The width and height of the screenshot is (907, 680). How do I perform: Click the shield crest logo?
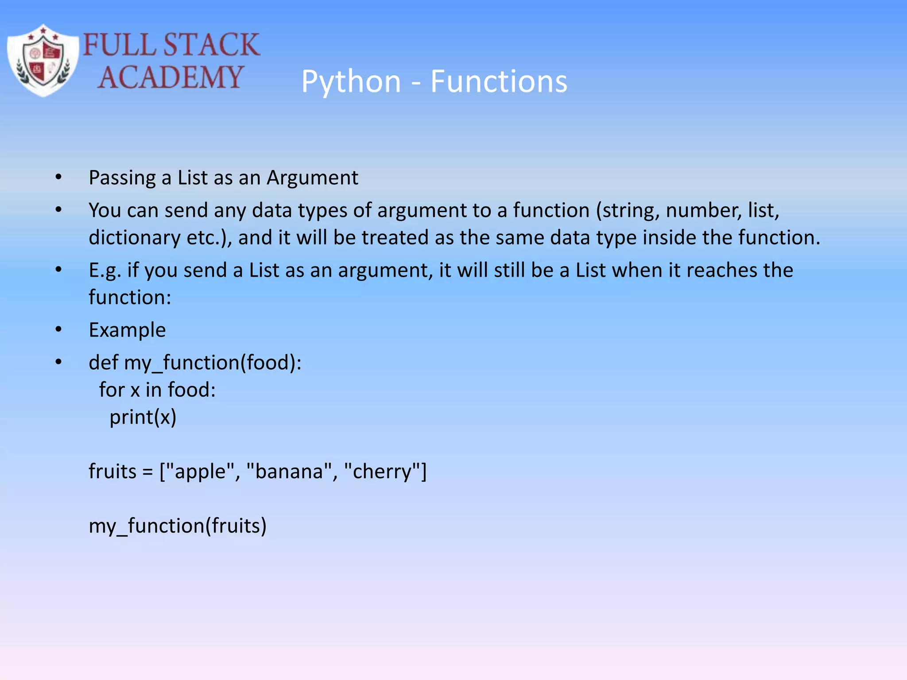pos(43,61)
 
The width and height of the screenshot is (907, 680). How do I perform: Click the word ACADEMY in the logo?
pos(170,77)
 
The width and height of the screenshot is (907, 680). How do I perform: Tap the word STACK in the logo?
pos(211,45)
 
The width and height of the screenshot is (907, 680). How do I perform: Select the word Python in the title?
pos(351,82)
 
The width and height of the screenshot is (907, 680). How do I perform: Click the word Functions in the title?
pos(499,82)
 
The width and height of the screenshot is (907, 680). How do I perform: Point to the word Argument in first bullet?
pos(312,178)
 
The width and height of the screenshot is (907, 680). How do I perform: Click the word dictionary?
pos(134,238)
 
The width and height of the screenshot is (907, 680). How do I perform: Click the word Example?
pos(127,330)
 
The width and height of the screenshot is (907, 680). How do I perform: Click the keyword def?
pos(104,363)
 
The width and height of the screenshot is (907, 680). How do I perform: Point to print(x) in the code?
pos(143,417)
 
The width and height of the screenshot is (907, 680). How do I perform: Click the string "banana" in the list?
pos(289,471)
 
